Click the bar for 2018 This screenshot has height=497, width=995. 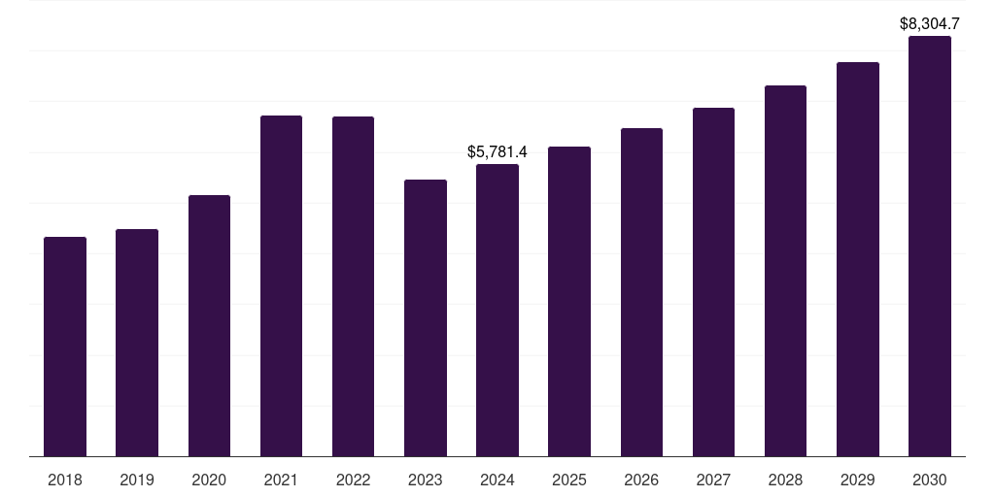coord(65,347)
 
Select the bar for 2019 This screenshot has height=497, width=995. coord(137,343)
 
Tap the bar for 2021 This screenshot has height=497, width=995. coord(281,286)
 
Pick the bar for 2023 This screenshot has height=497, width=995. coord(426,318)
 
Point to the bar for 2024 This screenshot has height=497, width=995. coord(497,311)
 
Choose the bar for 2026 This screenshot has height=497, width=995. coord(641,292)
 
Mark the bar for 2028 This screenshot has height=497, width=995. coord(785,271)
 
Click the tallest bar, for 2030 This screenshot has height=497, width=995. coord(930,247)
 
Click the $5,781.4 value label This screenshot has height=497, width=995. coord(497,152)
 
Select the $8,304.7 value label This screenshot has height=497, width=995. coord(930,23)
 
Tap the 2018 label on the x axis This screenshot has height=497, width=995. coord(65,480)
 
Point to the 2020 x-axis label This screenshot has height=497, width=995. coord(209,480)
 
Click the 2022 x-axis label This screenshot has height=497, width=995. coord(353,480)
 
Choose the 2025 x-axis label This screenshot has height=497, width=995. coord(569,480)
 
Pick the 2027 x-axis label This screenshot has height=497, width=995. coord(713,480)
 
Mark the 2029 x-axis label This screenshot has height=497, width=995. coord(858,480)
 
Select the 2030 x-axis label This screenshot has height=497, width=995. coord(930,480)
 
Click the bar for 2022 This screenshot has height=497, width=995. coord(353,286)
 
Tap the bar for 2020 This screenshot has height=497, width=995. coord(209,326)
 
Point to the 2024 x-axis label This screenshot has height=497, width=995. coord(497,480)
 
